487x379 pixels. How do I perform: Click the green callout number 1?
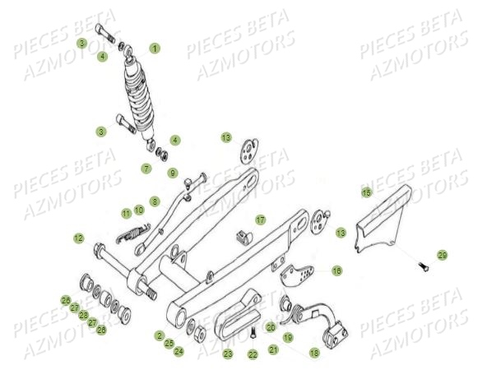[x=155, y=49]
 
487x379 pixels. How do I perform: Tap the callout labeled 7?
[x=146, y=169]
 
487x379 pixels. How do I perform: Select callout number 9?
[x=173, y=173]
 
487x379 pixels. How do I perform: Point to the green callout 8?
[x=155, y=201]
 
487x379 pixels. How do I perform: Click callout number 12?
[x=78, y=238]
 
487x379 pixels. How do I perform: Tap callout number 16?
[x=336, y=270]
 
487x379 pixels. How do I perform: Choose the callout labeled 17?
[x=260, y=220]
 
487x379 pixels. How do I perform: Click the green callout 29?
[x=442, y=255]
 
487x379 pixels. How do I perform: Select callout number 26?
[x=65, y=299]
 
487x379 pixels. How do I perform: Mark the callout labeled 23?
[x=228, y=354]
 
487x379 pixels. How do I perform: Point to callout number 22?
[x=253, y=354]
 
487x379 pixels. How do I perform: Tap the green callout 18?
[x=313, y=353]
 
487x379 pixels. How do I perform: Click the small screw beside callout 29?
[x=423, y=266]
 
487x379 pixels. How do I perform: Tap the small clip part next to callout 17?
[x=240, y=238]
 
